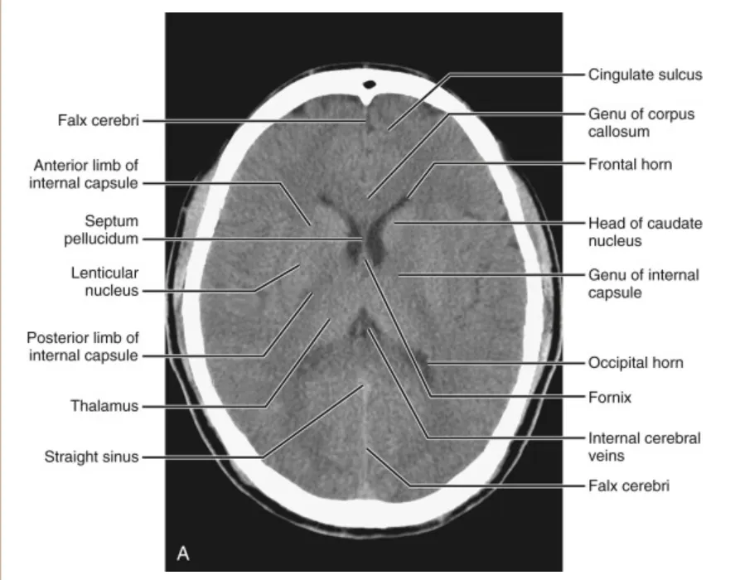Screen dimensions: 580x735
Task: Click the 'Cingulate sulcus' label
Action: coord(645,75)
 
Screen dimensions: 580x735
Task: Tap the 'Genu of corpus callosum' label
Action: coord(641,123)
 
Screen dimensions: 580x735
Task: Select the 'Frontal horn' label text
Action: coord(630,164)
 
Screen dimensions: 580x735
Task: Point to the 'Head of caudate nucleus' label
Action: coord(645,233)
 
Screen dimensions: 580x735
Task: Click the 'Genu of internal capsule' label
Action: coord(643,283)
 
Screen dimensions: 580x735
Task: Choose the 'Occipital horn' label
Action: coord(636,363)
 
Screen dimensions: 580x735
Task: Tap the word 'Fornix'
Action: coord(610,398)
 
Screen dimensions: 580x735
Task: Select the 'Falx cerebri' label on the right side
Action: coord(628,486)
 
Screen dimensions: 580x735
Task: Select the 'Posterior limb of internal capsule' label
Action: coord(82,347)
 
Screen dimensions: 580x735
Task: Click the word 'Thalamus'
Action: coord(104,407)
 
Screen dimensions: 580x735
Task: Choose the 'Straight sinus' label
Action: coord(91,456)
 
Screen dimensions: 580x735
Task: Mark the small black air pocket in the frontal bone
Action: coord(370,85)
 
